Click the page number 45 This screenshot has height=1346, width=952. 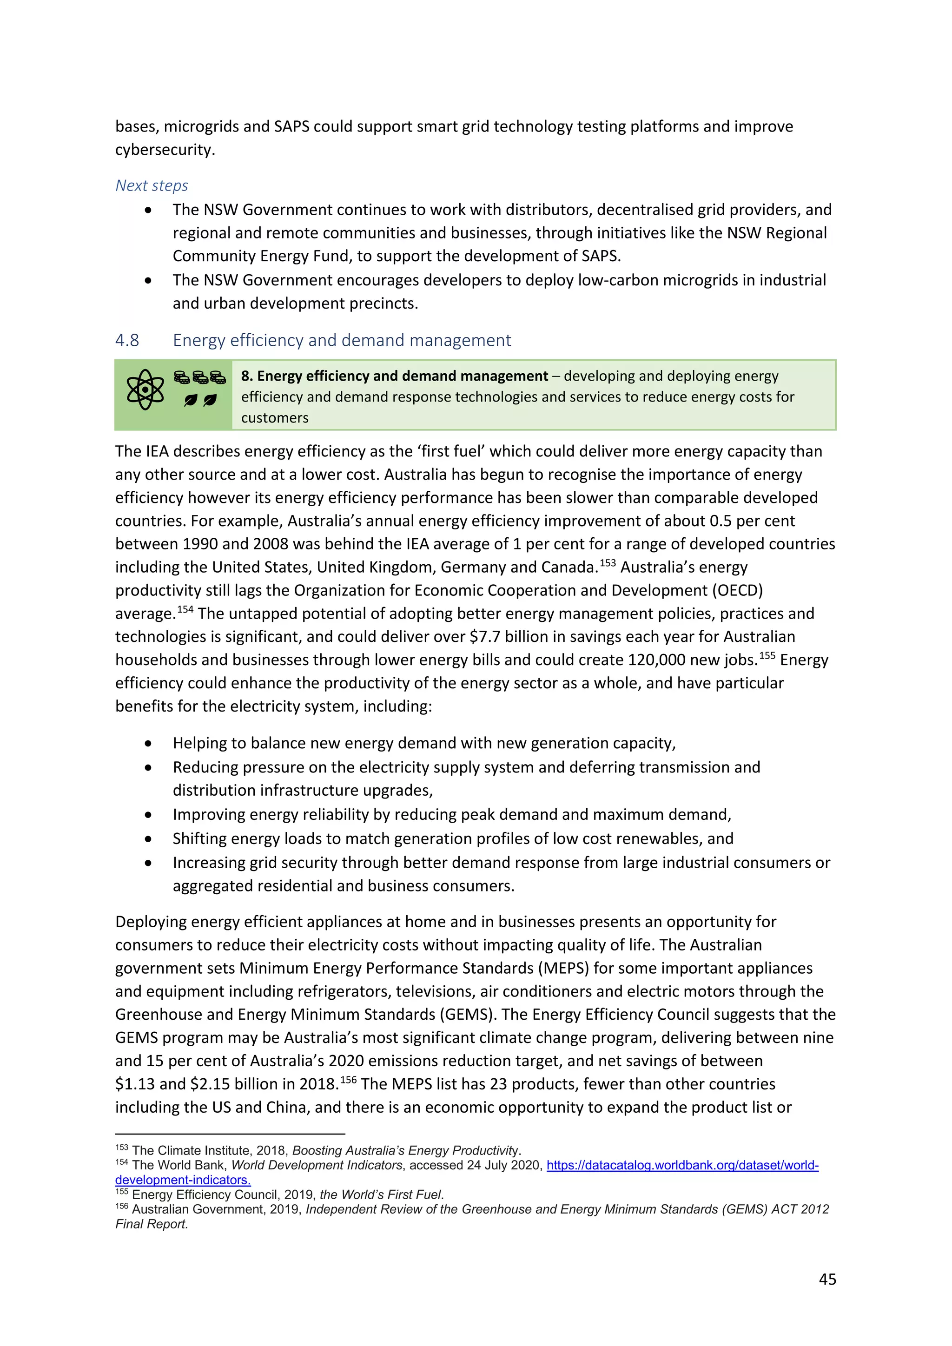coord(826,1279)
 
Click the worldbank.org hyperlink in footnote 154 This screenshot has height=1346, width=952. coord(682,1166)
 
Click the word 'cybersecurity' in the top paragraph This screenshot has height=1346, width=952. coord(164,150)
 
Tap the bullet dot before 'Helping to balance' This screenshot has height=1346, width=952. coord(148,743)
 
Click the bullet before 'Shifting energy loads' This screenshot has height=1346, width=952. coord(148,839)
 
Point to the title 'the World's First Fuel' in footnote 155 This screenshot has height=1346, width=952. coord(381,1195)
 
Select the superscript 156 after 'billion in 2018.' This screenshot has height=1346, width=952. coord(348,1080)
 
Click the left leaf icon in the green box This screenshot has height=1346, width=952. coord(191,400)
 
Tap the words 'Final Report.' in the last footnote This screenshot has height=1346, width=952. coord(151,1224)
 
